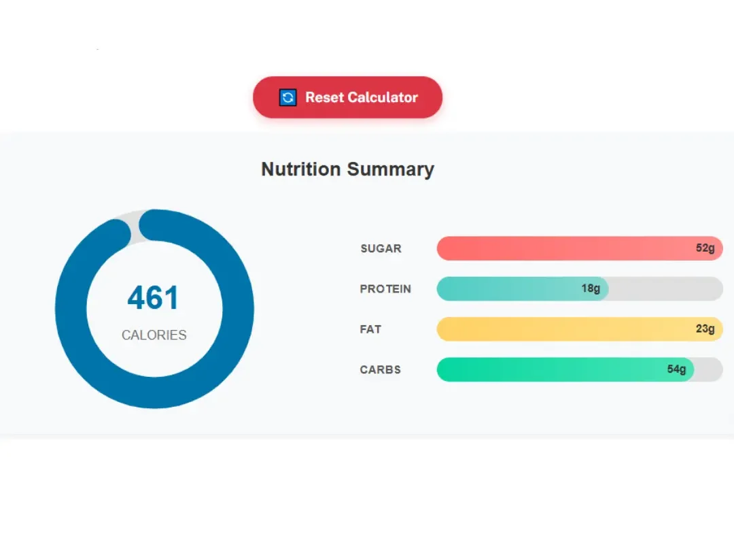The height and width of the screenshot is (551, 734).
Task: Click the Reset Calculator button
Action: coord(347,97)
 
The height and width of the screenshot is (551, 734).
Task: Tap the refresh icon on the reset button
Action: coord(288,98)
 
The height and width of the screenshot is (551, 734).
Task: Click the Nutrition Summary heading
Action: coord(347,169)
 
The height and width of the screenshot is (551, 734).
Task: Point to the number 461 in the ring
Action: coord(154,298)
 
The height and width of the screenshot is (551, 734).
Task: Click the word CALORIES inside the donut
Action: coord(154,335)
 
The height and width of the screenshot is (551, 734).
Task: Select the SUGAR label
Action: coord(381,248)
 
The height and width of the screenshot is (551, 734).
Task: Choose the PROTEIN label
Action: coord(385,289)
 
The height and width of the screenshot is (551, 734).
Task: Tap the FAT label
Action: coord(370,329)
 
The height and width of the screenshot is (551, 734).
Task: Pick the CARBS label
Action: coord(381,370)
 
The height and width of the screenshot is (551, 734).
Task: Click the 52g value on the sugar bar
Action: coord(705,248)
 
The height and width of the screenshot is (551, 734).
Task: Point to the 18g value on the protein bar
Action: coord(591,289)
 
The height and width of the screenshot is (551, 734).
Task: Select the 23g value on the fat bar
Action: coord(705,329)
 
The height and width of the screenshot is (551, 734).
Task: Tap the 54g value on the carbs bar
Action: coord(676,369)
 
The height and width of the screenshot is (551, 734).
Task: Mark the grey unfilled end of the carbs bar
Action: coord(709,369)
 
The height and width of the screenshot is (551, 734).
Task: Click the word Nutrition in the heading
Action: coord(301,169)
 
